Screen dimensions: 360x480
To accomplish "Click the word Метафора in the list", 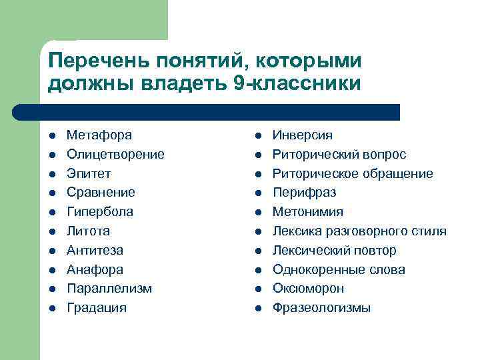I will click(x=99, y=135).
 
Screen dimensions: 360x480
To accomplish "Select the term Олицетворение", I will click(x=115, y=155).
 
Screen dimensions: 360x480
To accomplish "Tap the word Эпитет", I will click(x=89, y=174).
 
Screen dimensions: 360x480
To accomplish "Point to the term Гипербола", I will click(x=99, y=212).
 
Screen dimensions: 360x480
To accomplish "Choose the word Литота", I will click(x=88, y=231).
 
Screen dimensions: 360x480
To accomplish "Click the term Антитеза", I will click(x=95, y=251).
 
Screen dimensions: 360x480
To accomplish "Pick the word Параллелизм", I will click(x=109, y=289).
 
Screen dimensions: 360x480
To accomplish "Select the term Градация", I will click(x=96, y=308).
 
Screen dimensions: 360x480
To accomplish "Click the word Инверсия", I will click(x=302, y=135).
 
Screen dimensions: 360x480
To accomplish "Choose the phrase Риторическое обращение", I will click(x=353, y=174).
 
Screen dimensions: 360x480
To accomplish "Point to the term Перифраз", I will click(x=304, y=193).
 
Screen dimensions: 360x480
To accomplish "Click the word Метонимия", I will click(x=308, y=212).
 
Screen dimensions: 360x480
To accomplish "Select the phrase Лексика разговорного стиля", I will click(x=359, y=231).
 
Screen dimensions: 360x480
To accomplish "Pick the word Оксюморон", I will click(x=308, y=289).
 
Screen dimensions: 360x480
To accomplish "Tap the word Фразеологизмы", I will click(x=321, y=308).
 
